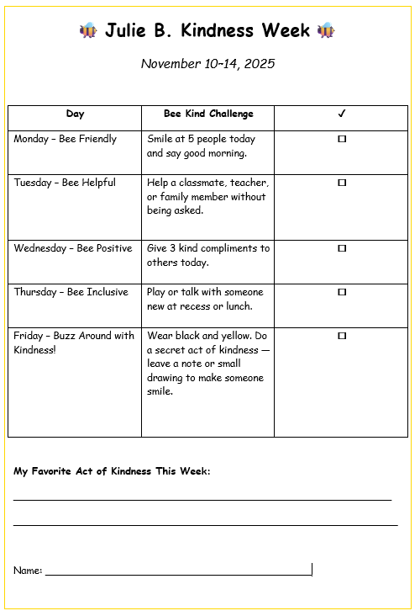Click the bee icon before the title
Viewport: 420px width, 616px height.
pyautogui.click(x=89, y=31)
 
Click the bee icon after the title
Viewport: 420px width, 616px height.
pyautogui.click(x=326, y=31)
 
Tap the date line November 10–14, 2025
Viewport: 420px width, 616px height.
pyautogui.click(x=207, y=63)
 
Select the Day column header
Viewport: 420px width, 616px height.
pyautogui.click(x=75, y=114)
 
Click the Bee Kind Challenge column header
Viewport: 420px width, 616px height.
pyautogui.click(x=208, y=114)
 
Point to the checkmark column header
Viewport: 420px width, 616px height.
pyautogui.click(x=342, y=114)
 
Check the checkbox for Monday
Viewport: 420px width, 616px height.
pyautogui.click(x=342, y=139)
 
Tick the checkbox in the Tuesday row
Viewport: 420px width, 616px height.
pyautogui.click(x=342, y=183)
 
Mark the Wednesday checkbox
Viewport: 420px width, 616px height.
pyautogui.click(x=342, y=248)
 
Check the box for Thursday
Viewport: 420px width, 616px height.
pyautogui.click(x=342, y=292)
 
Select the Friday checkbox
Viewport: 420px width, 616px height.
pyautogui.click(x=342, y=336)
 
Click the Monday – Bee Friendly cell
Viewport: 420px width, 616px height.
pyautogui.click(x=66, y=139)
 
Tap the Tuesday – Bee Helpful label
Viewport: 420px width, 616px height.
pyautogui.click(x=65, y=183)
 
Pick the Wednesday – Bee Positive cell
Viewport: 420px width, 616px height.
pyautogui.click(x=73, y=248)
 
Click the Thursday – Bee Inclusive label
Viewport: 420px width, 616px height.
pyautogui.click(x=71, y=292)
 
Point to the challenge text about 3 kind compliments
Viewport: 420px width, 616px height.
pyautogui.click(x=207, y=255)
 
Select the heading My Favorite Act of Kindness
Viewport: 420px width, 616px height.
pyautogui.click(x=112, y=471)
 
